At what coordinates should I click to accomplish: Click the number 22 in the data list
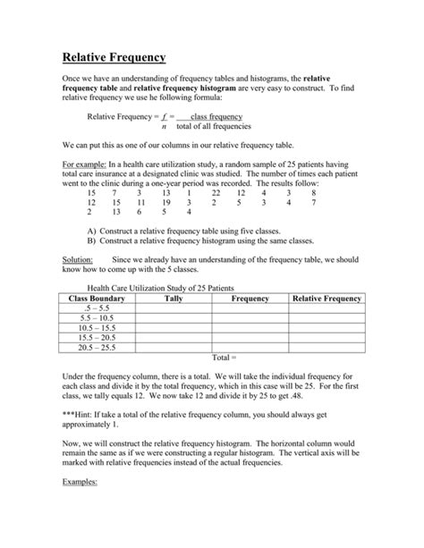click(x=216, y=193)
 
